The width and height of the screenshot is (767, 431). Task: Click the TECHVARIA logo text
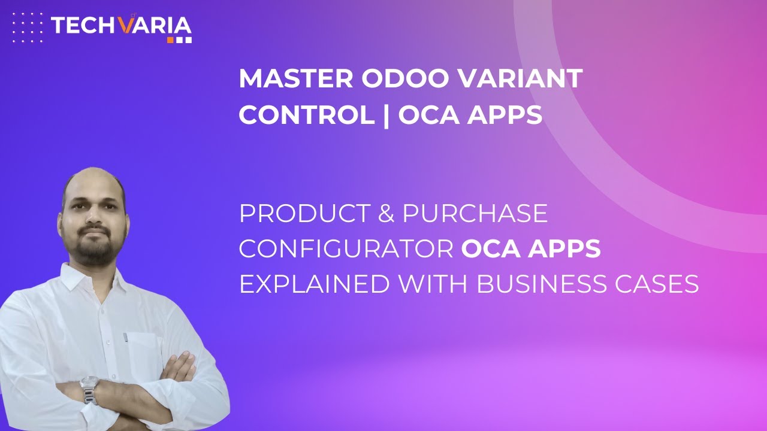(x=121, y=26)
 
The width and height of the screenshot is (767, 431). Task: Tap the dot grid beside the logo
(x=28, y=27)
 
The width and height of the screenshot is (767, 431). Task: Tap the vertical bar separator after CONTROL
(x=386, y=115)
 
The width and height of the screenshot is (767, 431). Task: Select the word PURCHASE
(x=475, y=214)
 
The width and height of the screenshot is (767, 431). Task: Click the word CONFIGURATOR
(x=346, y=249)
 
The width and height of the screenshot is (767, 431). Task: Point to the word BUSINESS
(x=546, y=284)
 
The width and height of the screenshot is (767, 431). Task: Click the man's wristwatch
(x=89, y=390)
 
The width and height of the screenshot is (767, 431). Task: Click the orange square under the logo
(x=170, y=40)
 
